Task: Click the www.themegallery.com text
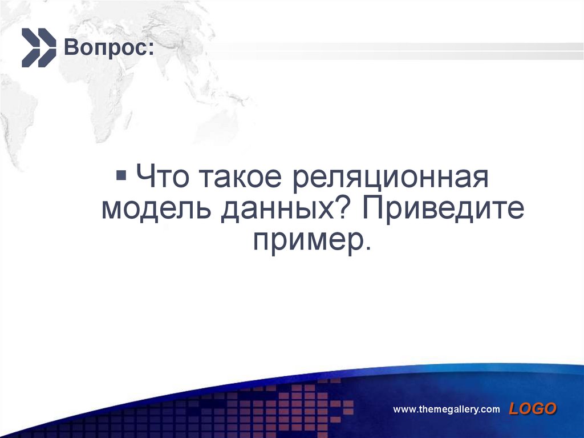[447, 409]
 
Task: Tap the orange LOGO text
[532, 408]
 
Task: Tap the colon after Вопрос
[150, 50]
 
